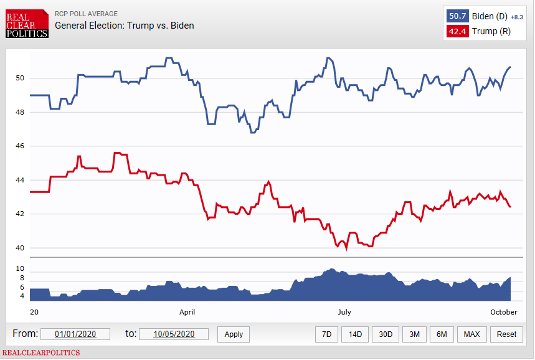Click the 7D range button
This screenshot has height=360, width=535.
(x=326, y=334)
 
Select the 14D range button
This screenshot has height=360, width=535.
(x=355, y=334)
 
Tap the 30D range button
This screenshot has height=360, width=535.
(x=386, y=334)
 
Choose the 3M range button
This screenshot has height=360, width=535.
(x=414, y=334)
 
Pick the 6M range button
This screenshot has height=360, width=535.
(x=442, y=334)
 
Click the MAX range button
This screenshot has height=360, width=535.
(x=472, y=334)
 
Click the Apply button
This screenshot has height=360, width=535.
(x=234, y=334)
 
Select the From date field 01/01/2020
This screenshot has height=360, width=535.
(x=75, y=334)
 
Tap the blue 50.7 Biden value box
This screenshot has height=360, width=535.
(x=458, y=16)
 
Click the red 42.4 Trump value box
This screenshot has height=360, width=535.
(x=458, y=31)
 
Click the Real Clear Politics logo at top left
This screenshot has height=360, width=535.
(x=26, y=24)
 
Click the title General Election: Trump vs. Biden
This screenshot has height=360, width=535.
(x=124, y=26)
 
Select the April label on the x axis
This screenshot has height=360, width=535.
(x=187, y=312)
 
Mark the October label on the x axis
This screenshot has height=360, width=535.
(x=504, y=312)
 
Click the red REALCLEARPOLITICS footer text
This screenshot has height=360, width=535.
(x=41, y=353)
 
